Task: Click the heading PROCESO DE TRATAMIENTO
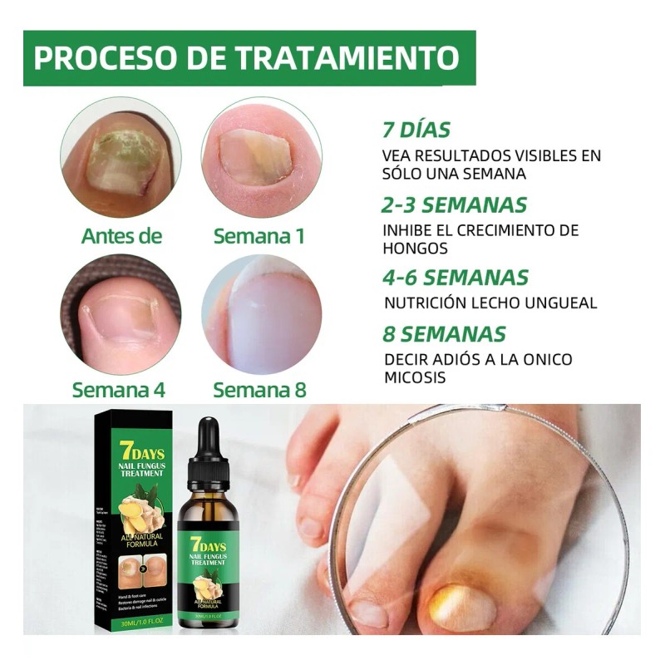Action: coord(248,58)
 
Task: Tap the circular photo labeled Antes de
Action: coord(121,156)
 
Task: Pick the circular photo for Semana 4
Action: coord(121,314)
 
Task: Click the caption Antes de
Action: coord(121,236)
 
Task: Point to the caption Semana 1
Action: coord(259,236)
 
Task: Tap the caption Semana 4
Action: coord(119,389)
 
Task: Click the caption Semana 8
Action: coord(259,389)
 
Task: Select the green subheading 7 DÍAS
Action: coord(416,131)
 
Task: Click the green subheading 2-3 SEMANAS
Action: coord(455,204)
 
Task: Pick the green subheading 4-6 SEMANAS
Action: coord(455,277)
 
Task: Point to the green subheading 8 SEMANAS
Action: coord(444,334)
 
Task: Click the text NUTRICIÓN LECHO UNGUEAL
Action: coord(490,303)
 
